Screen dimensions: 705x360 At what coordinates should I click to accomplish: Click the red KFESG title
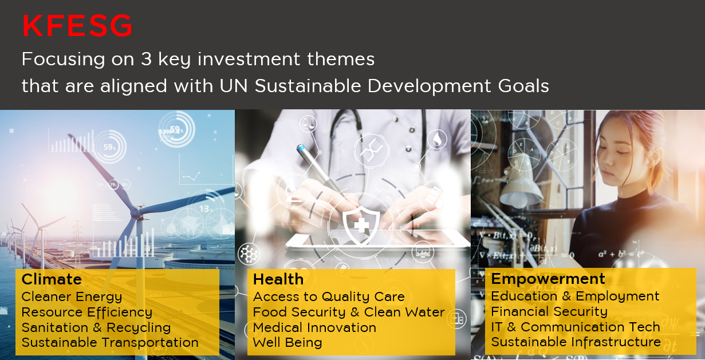[x=77, y=26]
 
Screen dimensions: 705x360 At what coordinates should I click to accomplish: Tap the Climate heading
[x=52, y=279]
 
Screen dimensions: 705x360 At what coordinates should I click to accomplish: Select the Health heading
[x=278, y=279]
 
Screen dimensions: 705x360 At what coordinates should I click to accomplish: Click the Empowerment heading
[x=548, y=279]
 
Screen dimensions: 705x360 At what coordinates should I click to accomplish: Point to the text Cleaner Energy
[x=72, y=297]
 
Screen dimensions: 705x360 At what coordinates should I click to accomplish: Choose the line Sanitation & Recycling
[x=96, y=328]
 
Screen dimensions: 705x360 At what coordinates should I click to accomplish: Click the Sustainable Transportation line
[x=110, y=343]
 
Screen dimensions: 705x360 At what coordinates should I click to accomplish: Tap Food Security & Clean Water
[x=349, y=312]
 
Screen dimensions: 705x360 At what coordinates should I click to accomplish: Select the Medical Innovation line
[x=315, y=327]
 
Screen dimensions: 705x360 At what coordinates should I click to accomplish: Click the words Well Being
[x=287, y=343]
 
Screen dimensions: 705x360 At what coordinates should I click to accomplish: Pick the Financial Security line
[x=549, y=312]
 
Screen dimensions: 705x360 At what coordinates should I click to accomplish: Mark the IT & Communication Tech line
[x=576, y=327]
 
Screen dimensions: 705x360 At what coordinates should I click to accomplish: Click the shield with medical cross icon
[x=361, y=225]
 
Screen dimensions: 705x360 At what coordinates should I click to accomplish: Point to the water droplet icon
[x=438, y=139]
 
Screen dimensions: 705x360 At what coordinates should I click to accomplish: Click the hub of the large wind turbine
[x=136, y=212]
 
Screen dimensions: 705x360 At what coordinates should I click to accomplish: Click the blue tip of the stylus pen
[x=301, y=148]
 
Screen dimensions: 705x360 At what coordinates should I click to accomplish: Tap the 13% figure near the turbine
[x=206, y=209]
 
